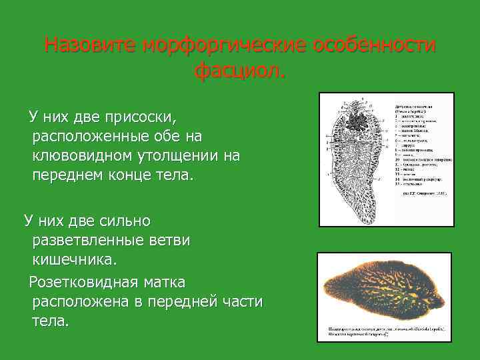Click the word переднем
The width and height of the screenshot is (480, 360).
[68, 175]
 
